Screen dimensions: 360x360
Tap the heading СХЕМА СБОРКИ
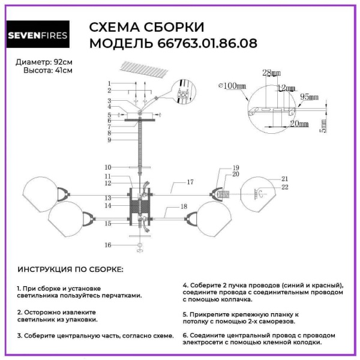[146, 28]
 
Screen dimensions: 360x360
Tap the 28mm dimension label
[271, 73]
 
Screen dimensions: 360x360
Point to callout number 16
[108, 245]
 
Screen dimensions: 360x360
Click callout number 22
[285, 188]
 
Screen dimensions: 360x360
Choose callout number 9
[110, 140]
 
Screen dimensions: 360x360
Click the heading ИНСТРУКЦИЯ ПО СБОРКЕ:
[71, 269]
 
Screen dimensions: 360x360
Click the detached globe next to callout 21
[259, 193]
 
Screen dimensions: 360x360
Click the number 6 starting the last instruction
[185, 335]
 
